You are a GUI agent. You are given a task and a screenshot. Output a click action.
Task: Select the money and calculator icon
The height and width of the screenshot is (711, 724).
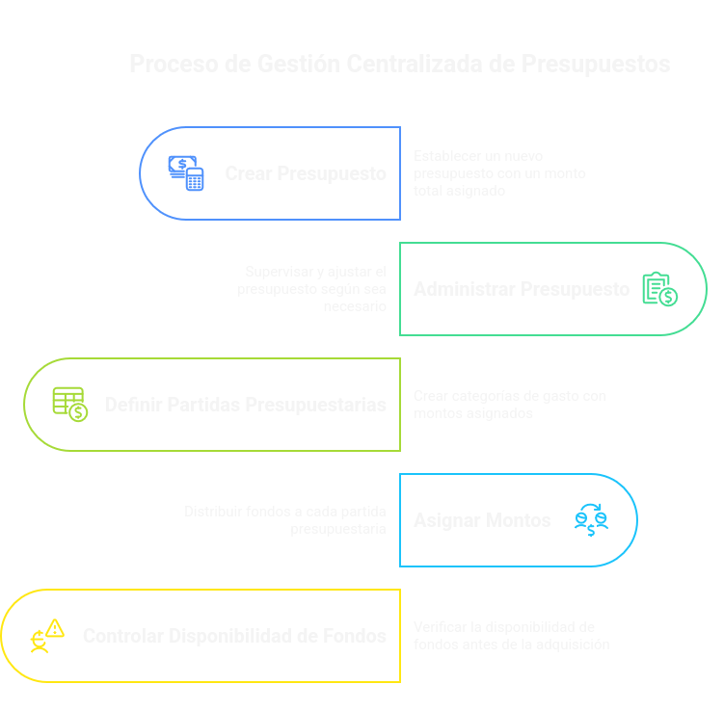pos(187,173)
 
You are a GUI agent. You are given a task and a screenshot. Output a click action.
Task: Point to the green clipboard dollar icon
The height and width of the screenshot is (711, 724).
pos(660,289)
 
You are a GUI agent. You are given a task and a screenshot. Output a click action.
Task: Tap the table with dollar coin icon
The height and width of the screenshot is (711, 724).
pos(69,404)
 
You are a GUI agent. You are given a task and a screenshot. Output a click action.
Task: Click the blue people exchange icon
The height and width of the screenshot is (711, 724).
pos(591,520)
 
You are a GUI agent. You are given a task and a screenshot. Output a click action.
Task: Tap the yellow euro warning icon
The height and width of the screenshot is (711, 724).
pos(46,636)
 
